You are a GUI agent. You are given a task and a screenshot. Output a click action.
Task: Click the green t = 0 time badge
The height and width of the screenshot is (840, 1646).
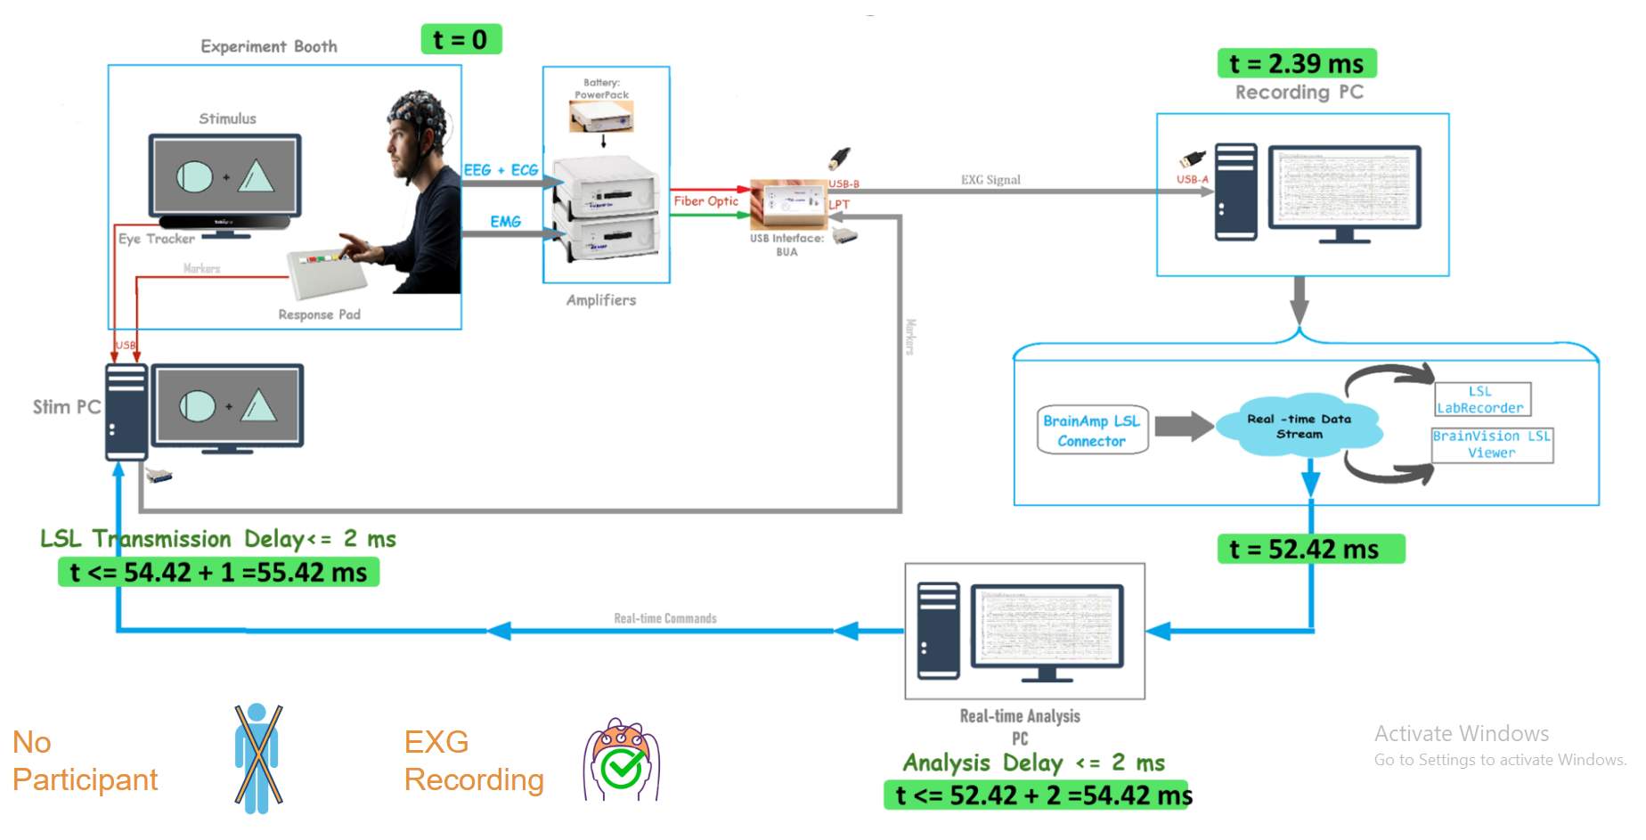pos(460,39)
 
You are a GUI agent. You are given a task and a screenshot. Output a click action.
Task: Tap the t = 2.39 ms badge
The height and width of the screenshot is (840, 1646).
pos(1296,63)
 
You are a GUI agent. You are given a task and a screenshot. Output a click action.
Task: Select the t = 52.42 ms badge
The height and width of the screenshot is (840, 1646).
pos(1310,549)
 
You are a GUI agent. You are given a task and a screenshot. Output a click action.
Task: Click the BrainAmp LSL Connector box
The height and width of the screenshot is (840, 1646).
pos(1092,430)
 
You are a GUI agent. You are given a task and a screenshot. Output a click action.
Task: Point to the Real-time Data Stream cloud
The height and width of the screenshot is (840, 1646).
pos(1299,426)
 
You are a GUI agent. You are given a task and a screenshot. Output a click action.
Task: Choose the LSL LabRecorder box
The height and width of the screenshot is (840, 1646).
pos(1482,399)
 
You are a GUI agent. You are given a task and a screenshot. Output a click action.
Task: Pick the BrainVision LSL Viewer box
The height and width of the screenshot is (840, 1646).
pos(1492,444)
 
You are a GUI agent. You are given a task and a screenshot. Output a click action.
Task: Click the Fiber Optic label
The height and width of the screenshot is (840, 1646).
pos(705,201)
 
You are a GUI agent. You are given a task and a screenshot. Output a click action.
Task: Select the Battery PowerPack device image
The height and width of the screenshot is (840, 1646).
pos(601,116)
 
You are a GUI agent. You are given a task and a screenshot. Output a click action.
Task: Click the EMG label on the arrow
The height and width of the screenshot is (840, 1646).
pos(505,221)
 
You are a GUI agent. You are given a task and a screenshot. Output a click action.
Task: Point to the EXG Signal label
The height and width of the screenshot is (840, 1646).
pos(990,180)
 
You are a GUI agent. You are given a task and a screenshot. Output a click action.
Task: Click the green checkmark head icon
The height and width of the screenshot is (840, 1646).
pos(622,762)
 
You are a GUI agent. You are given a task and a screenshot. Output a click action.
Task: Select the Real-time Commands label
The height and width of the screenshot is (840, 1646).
pos(664,618)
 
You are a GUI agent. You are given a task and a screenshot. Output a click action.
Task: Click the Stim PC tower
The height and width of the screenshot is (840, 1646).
pos(126,411)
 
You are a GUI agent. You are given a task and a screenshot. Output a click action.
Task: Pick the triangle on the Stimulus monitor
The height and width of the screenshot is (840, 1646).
pos(256,175)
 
